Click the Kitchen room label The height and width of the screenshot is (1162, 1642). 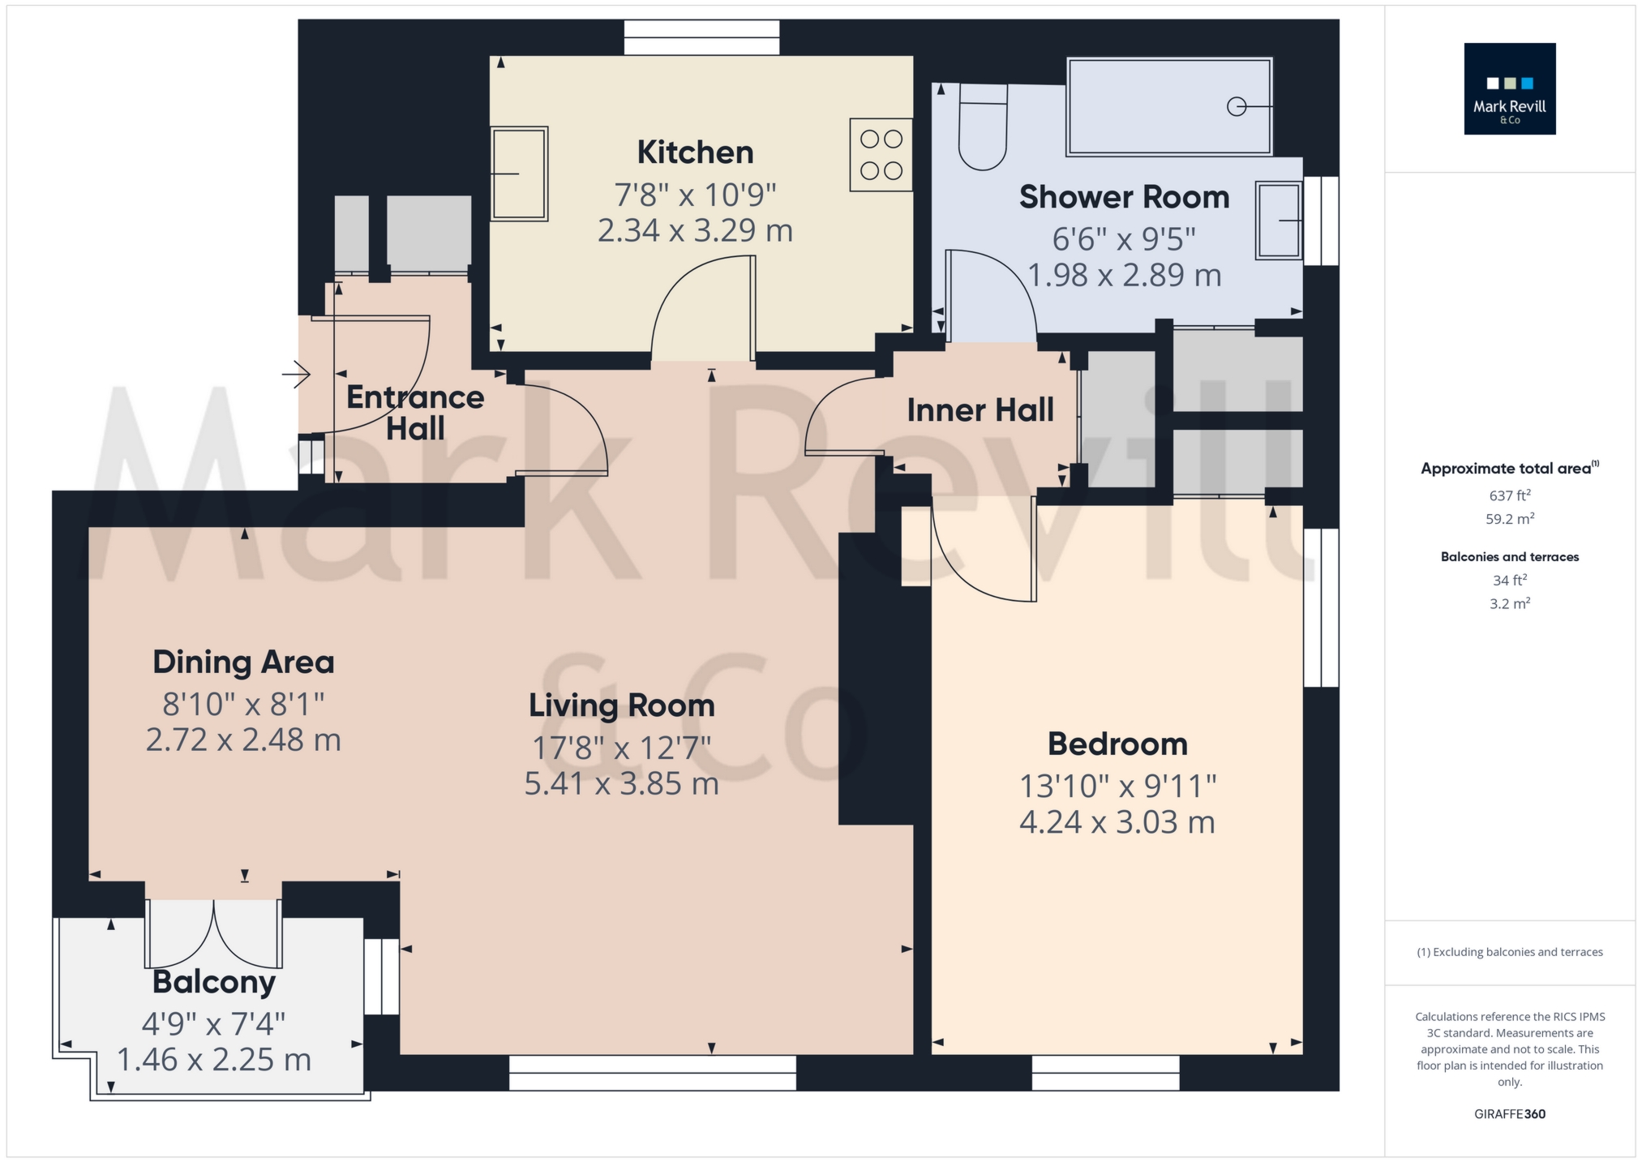click(x=695, y=152)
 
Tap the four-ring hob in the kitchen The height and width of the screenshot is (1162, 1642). click(x=881, y=155)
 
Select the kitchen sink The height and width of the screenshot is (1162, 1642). click(x=519, y=174)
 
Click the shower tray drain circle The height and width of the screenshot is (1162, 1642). click(x=1237, y=106)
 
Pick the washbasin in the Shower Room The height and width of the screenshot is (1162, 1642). click(x=1279, y=221)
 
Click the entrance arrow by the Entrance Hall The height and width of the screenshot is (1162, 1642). click(x=296, y=375)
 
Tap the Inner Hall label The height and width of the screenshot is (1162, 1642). click(x=980, y=410)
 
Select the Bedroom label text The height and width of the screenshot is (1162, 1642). click(x=1117, y=744)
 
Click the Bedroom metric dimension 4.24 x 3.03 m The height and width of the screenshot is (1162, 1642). click(x=1117, y=822)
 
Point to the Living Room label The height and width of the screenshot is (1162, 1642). click(x=622, y=705)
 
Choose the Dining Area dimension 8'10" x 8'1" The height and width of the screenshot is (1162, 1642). click(x=243, y=704)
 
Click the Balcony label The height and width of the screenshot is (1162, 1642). click(x=214, y=982)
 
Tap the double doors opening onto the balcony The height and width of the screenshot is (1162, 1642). click(x=214, y=933)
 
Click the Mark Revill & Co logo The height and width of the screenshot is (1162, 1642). click(x=1510, y=88)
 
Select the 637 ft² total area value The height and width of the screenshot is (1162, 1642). click(x=1510, y=495)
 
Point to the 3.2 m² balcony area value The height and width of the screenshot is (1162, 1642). click(x=1510, y=603)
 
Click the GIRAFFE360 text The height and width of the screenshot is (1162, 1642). click(x=1510, y=1114)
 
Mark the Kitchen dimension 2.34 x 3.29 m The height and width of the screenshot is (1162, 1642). click(x=695, y=231)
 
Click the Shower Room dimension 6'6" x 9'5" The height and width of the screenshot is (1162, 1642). click(x=1124, y=239)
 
